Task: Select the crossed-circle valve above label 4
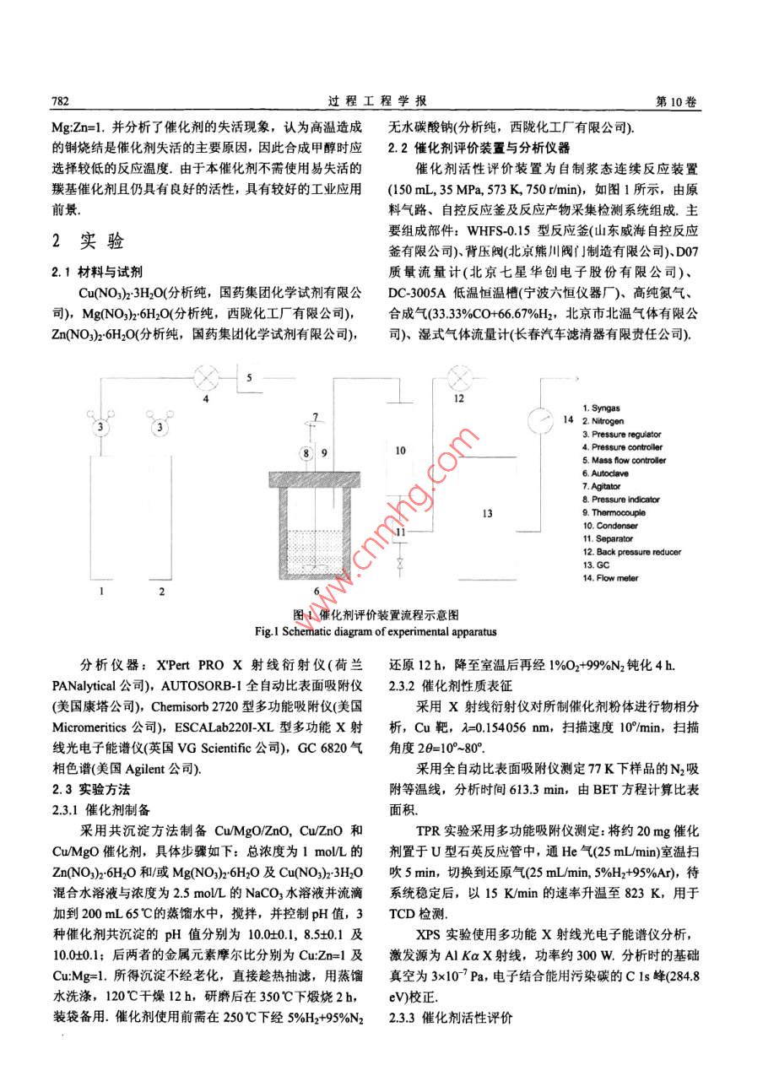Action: [x=205, y=375]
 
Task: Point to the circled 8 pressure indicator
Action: [x=306, y=452]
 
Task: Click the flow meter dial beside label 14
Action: [x=536, y=419]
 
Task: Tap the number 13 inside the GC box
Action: [x=485, y=512]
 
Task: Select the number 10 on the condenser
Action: [x=400, y=450]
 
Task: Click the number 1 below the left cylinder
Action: [x=102, y=592]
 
